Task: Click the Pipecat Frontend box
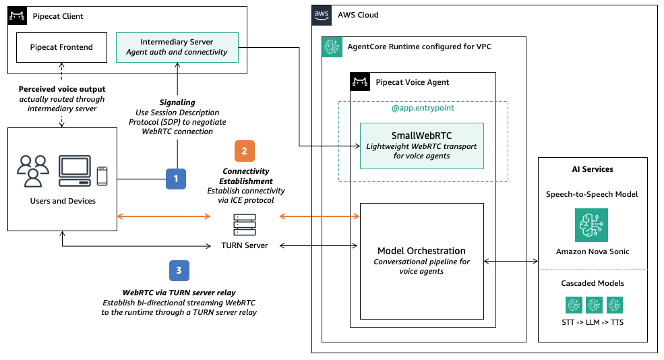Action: point(61,47)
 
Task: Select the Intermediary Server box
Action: point(177,47)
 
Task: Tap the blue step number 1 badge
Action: point(176,179)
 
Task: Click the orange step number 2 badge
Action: point(244,150)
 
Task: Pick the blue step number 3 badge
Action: point(179,271)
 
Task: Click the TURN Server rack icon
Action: point(244,222)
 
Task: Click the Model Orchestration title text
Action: point(421,251)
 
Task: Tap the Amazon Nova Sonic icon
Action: point(591,225)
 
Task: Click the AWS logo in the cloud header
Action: point(322,16)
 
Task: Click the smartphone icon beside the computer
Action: point(102,175)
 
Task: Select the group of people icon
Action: point(32,171)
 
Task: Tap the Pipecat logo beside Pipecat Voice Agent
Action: point(361,82)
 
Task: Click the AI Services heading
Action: point(591,169)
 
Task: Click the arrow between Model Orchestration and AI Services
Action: point(511,260)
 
